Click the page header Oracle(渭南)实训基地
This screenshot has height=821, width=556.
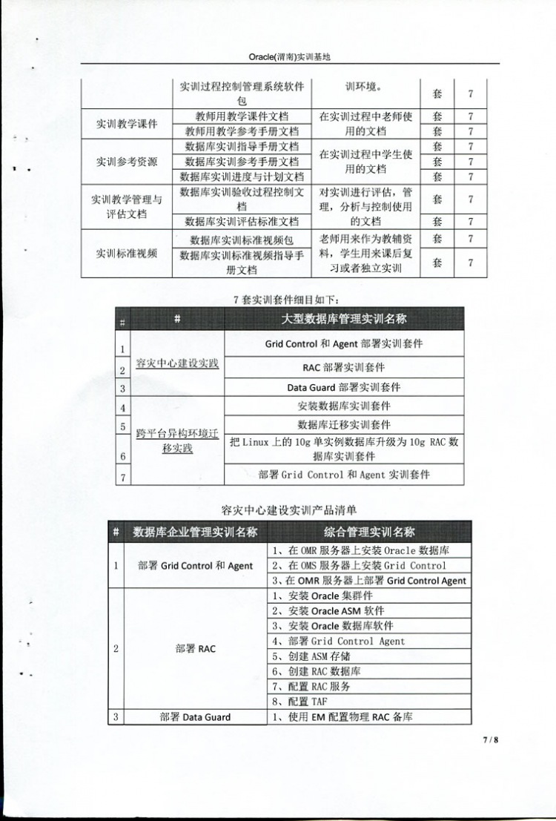click(x=289, y=57)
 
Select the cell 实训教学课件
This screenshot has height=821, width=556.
click(x=126, y=124)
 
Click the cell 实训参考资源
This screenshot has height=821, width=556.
click(x=126, y=161)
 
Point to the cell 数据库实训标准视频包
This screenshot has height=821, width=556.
click(x=242, y=240)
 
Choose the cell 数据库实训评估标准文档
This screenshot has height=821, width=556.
click(x=242, y=221)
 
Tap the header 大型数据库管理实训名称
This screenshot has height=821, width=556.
click(x=344, y=319)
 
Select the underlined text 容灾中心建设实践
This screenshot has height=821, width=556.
click(x=177, y=363)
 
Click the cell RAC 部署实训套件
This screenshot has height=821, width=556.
click(x=344, y=367)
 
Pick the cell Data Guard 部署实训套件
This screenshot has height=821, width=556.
click(x=344, y=387)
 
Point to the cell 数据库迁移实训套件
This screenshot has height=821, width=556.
click(x=344, y=425)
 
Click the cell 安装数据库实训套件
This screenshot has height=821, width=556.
click(x=344, y=406)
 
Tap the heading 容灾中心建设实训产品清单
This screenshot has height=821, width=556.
click(x=289, y=510)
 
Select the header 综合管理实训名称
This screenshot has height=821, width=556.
click(x=369, y=532)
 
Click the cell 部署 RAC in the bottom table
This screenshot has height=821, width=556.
click(x=196, y=648)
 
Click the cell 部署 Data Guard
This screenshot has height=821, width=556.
click(x=196, y=717)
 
